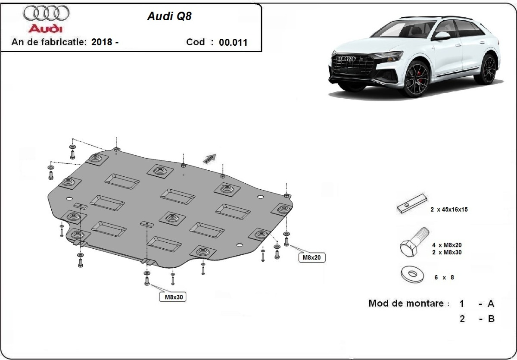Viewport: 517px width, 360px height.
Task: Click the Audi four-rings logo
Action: (46, 13)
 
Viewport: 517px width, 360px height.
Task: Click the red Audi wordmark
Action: (45, 28)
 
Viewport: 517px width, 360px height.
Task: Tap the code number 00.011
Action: (233, 42)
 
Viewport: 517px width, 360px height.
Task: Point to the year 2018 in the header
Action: (103, 42)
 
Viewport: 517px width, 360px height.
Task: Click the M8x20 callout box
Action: (311, 258)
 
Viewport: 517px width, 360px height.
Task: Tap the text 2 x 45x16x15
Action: (448, 210)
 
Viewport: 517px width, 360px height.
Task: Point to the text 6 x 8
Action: (444, 278)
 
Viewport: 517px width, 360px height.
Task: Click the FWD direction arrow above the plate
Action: (210, 158)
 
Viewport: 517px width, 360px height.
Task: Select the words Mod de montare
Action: (405, 303)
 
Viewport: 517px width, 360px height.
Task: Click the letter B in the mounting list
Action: (490, 319)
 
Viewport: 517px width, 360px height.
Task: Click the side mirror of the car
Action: (442, 36)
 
